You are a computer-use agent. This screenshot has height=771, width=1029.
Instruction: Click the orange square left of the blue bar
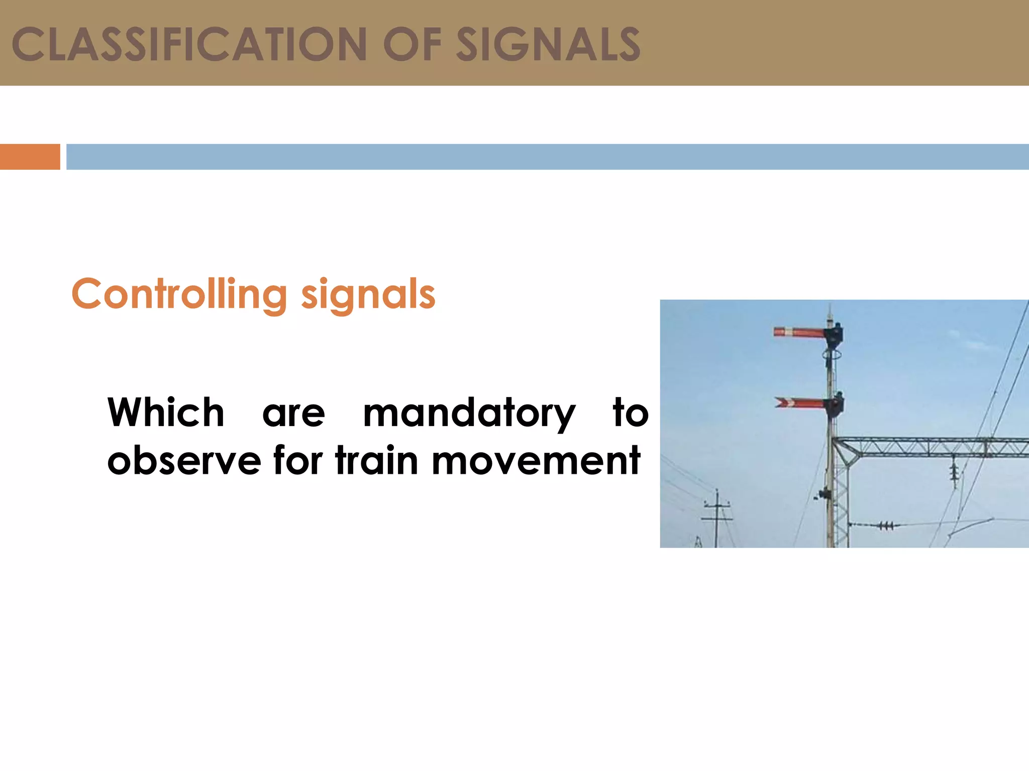30,157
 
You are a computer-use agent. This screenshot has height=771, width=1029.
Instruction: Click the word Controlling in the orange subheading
179,295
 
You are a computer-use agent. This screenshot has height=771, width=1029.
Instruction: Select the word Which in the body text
166,413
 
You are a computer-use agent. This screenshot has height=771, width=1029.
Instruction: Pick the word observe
184,460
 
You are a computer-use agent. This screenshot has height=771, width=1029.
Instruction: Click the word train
377,460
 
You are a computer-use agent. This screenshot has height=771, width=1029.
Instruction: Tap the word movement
536,460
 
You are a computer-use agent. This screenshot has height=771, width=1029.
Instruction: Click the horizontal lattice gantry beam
930,447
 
